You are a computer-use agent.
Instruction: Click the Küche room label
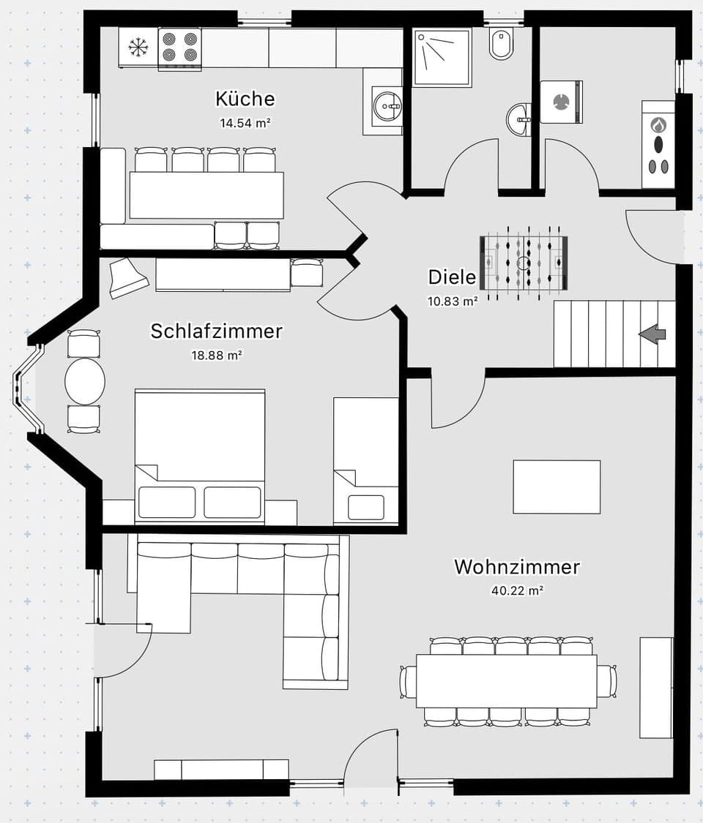click(245, 98)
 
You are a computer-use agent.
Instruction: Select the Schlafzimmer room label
click(216, 331)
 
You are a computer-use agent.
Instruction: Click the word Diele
click(452, 277)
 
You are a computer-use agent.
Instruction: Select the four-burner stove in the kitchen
click(179, 48)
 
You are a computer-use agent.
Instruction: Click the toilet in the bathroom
click(502, 44)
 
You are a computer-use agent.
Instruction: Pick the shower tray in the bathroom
click(442, 58)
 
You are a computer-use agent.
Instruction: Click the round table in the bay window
click(85, 381)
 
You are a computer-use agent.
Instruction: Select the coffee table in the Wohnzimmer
click(557, 486)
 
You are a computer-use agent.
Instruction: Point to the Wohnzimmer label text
click(517, 566)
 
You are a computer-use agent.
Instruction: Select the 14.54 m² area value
click(245, 123)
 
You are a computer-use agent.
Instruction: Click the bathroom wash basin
click(519, 119)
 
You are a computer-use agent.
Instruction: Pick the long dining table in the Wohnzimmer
click(506, 681)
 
